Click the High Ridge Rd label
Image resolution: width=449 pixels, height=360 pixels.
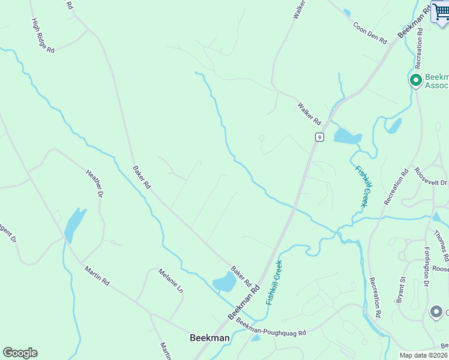(43, 35)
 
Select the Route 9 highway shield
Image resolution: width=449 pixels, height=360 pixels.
(319, 137)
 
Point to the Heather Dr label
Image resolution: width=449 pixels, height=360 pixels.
(95, 183)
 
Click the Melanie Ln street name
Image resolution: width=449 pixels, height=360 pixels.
(170, 281)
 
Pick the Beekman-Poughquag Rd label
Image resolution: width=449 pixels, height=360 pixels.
(271, 328)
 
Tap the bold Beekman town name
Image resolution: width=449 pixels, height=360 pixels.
(209, 338)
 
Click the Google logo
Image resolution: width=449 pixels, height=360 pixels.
(20, 353)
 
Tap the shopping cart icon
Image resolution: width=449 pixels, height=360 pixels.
(440, 13)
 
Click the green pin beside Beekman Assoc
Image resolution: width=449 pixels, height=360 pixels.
(415, 80)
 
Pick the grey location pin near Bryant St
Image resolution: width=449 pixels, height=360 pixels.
(436, 312)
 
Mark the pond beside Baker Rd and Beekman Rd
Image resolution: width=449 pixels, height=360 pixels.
(224, 282)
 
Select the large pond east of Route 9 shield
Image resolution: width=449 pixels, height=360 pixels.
(347, 137)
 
